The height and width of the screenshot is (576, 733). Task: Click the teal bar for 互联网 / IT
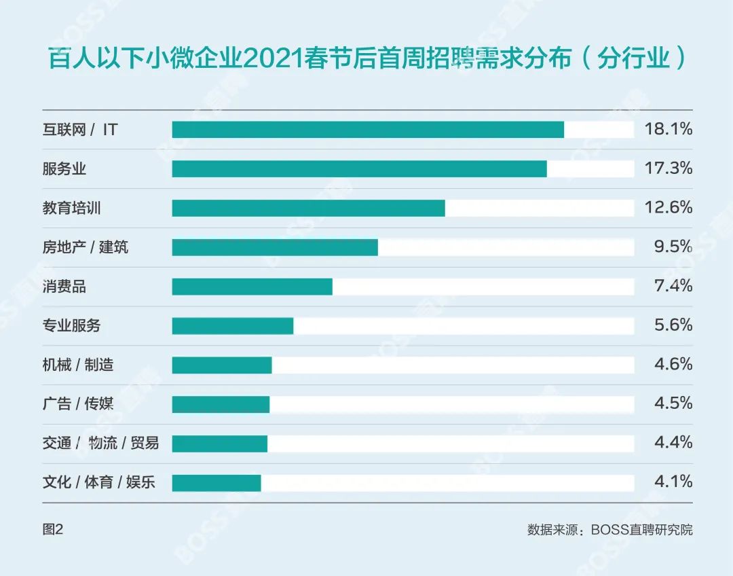pos(368,130)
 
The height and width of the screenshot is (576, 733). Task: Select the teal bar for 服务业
pos(359,169)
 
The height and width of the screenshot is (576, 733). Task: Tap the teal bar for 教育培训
pos(308,208)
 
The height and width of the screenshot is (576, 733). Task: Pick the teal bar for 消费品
pos(252,287)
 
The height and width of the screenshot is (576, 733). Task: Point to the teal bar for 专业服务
pos(232,326)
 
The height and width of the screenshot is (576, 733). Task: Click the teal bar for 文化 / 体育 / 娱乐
pos(216,483)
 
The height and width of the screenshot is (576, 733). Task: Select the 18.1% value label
pos(668,129)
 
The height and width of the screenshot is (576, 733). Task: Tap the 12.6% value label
pos(668,207)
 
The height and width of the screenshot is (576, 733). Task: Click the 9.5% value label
pos(673,247)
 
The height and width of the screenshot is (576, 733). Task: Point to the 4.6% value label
pos(673,364)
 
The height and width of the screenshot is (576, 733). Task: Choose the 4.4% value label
pos(673,443)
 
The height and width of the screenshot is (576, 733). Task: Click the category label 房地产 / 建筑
pos(85,247)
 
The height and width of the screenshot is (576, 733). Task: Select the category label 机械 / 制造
pos(77,365)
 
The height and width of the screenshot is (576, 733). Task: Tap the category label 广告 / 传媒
pos(77,404)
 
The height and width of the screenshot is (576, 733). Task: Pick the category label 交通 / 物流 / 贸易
pos(100,444)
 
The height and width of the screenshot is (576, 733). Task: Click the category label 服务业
pos(64,169)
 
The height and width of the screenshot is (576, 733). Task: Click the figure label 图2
pos(52,529)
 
